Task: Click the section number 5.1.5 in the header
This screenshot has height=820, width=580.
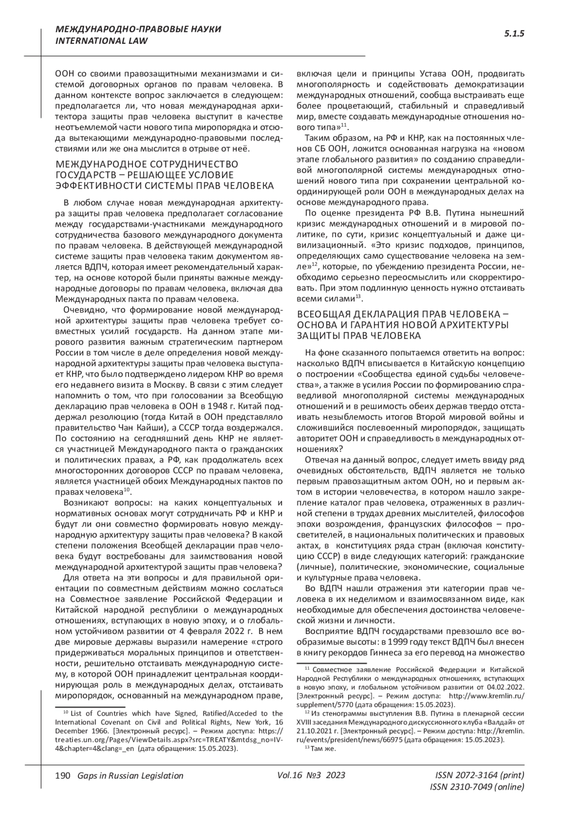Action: [514, 34]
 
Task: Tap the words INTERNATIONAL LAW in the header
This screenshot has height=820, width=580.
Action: [101, 41]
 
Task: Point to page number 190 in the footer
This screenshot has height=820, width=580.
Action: [63, 776]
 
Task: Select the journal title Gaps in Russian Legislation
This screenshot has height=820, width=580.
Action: [127, 776]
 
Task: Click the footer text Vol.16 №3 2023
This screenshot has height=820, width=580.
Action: [311, 775]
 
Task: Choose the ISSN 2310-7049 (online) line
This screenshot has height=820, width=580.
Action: [477, 787]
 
